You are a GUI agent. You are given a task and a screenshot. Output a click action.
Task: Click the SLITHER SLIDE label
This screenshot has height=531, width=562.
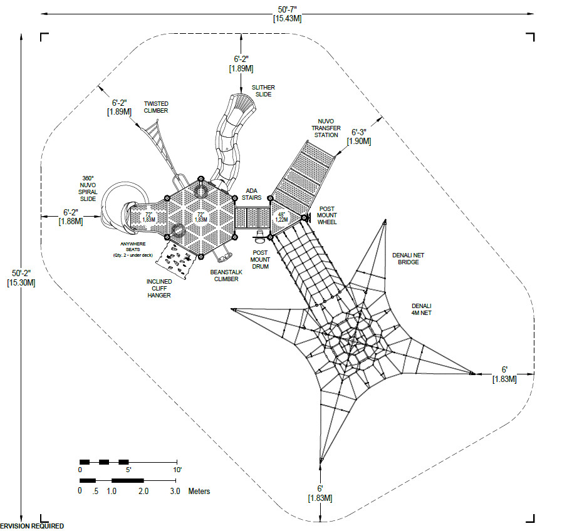point(263,91)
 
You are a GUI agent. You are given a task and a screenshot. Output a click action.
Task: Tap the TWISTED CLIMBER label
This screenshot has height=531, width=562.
point(156,107)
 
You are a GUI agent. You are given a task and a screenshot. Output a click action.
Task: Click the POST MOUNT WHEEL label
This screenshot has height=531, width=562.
point(327,215)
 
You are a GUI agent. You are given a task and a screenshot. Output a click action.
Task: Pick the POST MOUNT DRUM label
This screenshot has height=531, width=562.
point(260,257)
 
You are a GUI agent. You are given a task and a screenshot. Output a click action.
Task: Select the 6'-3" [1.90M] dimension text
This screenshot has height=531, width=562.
point(361,137)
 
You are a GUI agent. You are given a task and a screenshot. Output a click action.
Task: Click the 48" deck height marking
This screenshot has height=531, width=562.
point(282,216)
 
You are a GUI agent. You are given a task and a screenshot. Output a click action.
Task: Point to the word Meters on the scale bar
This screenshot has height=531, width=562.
point(199,492)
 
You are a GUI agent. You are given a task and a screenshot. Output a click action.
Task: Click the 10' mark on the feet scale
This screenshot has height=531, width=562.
point(177,470)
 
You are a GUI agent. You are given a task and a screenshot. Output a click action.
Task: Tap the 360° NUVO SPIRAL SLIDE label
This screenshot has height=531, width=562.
point(88,189)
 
